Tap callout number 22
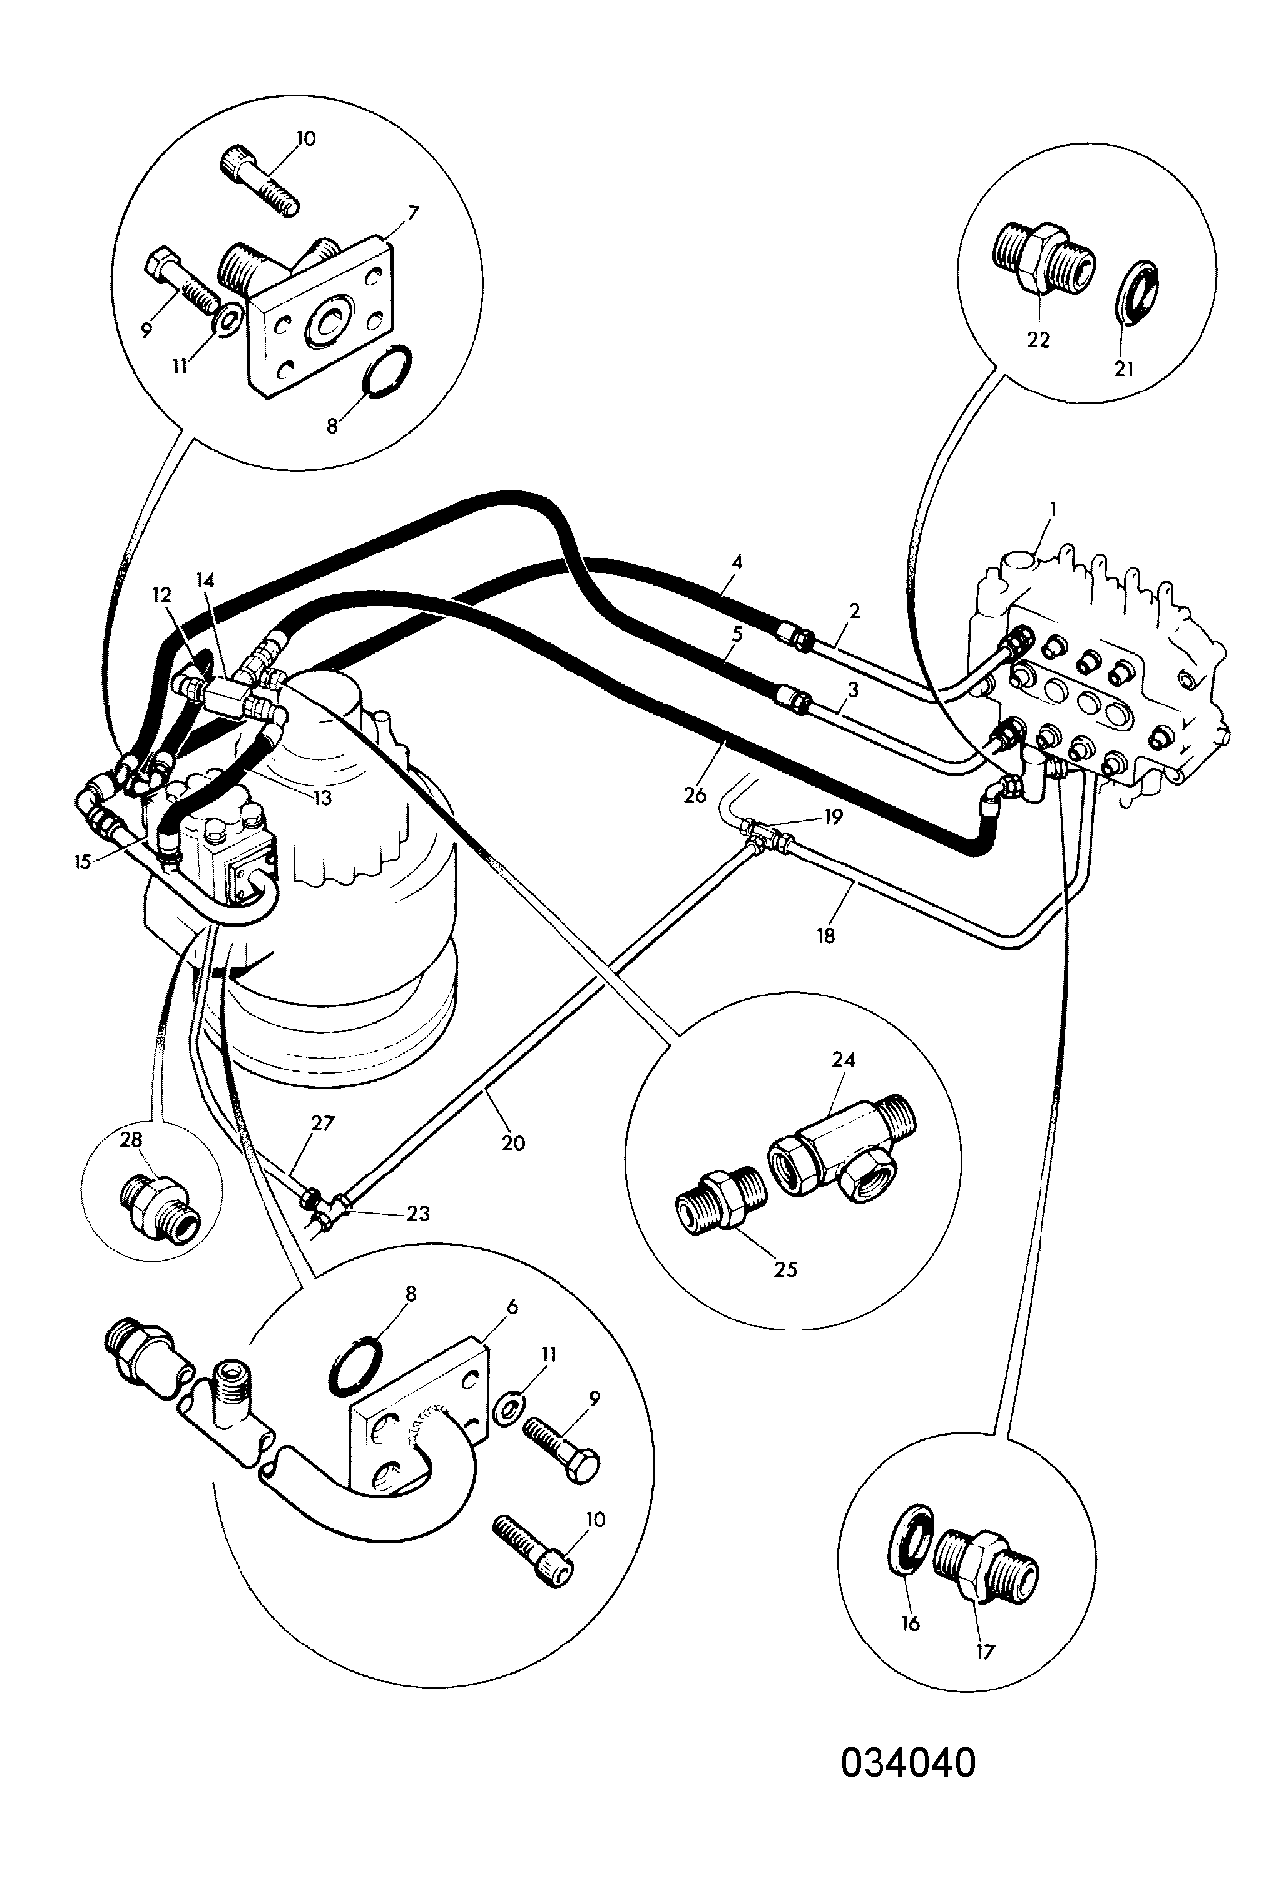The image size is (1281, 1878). [1037, 338]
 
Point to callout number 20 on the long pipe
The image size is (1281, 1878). [512, 1143]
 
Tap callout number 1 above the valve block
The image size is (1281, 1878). [1053, 508]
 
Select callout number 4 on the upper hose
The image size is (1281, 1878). [736, 561]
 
